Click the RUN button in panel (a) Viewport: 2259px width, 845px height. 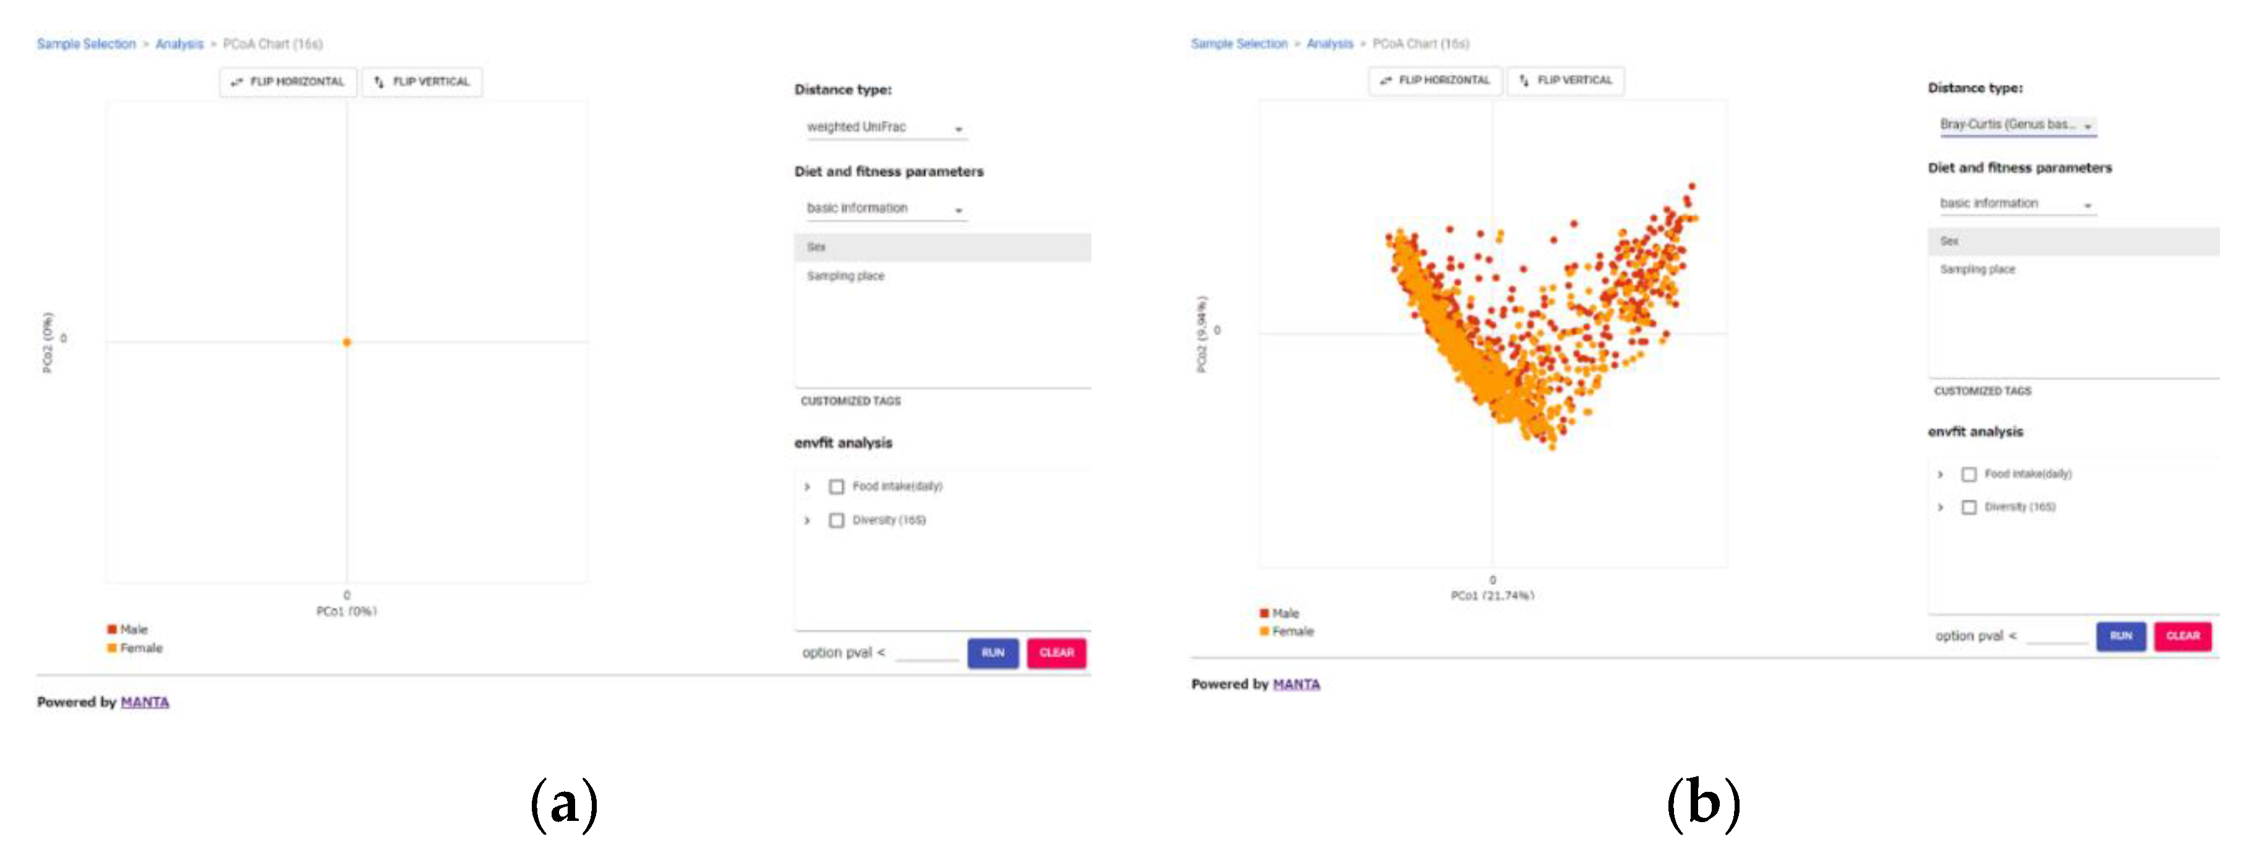coord(992,653)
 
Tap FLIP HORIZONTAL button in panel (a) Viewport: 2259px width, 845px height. coord(288,82)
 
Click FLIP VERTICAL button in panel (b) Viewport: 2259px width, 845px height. coord(1565,80)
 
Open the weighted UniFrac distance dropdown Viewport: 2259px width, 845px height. coord(884,128)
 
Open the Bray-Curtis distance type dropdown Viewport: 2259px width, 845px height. coord(2016,125)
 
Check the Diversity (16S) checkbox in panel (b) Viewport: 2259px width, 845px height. coord(1969,507)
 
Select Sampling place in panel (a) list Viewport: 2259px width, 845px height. coord(845,276)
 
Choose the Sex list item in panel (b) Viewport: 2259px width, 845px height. coord(1949,241)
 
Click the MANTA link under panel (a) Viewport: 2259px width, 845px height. coord(145,702)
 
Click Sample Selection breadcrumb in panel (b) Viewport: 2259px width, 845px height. coord(1238,44)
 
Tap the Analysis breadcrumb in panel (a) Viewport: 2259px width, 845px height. coord(179,44)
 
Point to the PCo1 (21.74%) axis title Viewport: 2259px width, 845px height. coord(1492,596)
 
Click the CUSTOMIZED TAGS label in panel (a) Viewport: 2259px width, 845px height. coord(850,401)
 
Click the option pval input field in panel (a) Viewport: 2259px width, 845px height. coord(926,653)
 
